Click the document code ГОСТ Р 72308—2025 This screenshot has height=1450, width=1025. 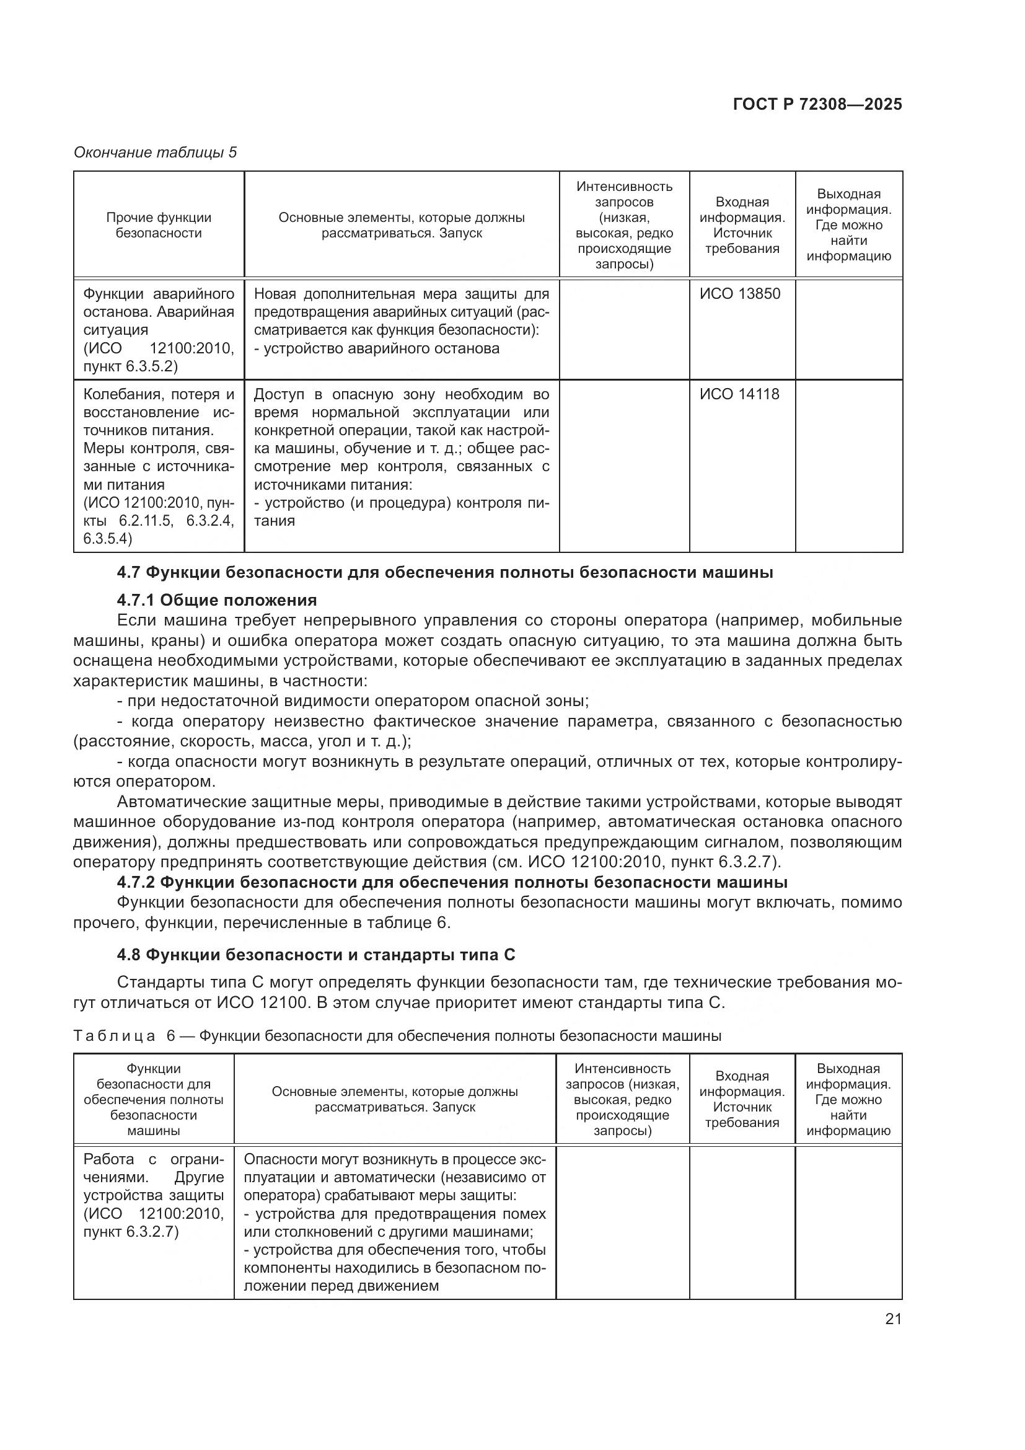817,105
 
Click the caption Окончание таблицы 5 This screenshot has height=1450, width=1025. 156,153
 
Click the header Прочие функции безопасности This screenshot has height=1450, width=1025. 159,225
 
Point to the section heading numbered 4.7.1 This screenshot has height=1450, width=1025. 216,599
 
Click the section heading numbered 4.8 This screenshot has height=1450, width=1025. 315,955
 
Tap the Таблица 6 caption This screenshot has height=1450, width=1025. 397,1036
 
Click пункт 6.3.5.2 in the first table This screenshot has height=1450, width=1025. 131,366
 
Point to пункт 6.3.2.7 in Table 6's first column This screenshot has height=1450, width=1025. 131,1232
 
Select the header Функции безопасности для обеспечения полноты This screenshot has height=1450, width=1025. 153,1100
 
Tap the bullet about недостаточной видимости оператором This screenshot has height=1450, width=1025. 353,701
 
